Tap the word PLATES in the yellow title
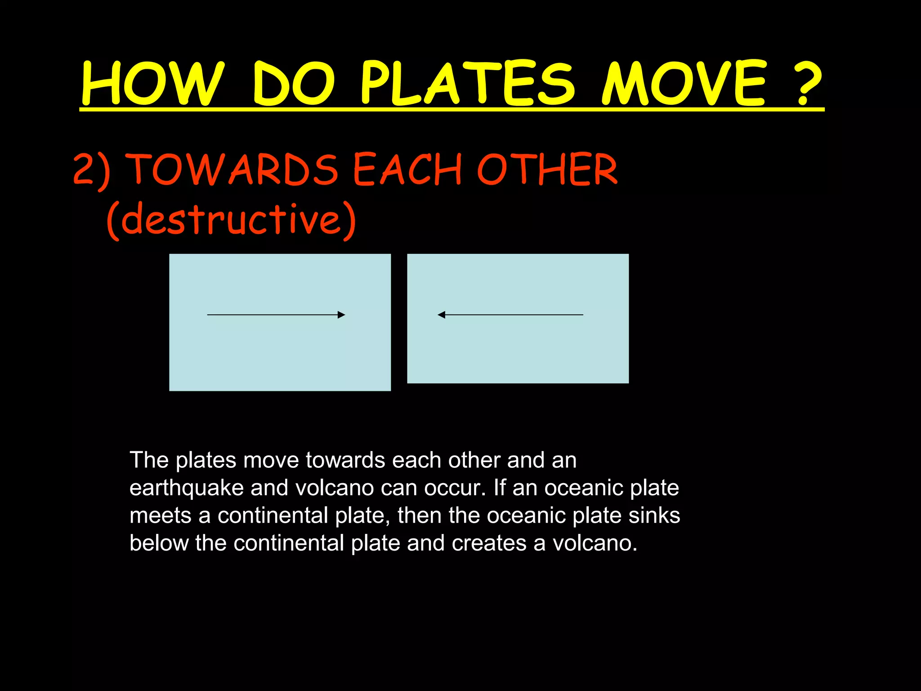(x=468, y=84)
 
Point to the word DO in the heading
(x=294, y=84)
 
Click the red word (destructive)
(x=231, y=220)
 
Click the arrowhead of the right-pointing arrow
(x=342, y=315)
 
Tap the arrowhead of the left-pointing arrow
(x=441, y=315)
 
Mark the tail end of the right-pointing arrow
(x=208, y=315)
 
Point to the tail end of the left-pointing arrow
(x=582, y=315)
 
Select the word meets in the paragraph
(x=160, y=516)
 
